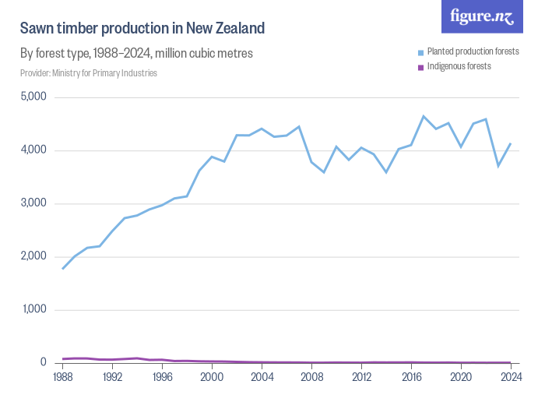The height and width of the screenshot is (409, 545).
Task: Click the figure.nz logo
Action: [481, 16]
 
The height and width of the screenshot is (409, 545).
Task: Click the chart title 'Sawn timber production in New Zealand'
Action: [142, 29]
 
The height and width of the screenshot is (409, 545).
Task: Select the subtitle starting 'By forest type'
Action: [136, 54]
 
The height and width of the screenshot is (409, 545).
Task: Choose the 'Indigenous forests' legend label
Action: [459, 66]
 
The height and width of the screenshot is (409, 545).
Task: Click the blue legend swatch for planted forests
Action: [420, 52]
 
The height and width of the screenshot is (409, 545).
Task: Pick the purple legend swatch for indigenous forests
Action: [420, 67]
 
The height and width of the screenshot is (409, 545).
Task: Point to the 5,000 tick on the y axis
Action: [33, 97]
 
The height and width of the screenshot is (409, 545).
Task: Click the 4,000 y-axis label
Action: [33, 150]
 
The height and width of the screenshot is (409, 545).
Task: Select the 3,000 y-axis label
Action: [33, 203]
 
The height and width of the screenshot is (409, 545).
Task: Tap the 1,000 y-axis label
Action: [33, 309]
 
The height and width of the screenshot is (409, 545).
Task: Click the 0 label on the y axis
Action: [44, 362]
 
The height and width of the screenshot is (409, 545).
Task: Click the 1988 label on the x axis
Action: [62, 377]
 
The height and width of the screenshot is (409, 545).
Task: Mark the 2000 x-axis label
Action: [212, 377]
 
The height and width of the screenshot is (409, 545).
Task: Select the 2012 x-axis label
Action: [361, 377]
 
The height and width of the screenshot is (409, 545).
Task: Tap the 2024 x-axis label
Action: [511, 377]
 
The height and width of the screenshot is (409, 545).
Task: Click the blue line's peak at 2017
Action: [424, 116]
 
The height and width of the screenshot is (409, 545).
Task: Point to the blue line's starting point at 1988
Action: [62, 269]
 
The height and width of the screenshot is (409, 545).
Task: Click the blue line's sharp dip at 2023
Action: [498, 165]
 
